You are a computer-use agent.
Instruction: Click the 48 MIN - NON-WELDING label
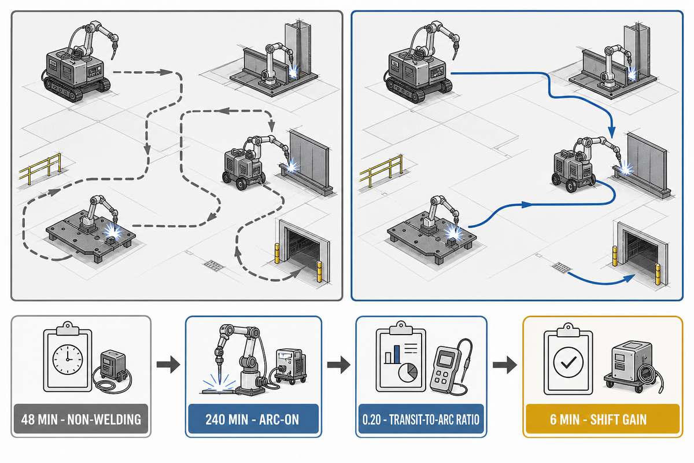pyautogui.click(x=81, y=420)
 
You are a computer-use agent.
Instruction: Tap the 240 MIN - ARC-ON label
pyautogui.click(x=252, y=420)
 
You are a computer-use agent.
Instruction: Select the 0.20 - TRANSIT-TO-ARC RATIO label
pyautogui.click(x=421, y=420)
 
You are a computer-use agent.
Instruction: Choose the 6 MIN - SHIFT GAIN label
pyautogui.click(x=598, y=420)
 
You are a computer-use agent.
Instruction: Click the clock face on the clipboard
pyautogui.click(x=68, y=359)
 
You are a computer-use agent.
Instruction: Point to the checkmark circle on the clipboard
pyautogui.click(x=568, y=362)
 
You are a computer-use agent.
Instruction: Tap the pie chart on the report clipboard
pyautogui.click(x=408, y=373)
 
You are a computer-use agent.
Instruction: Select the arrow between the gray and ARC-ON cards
pyautogui.click(x=168, y=364)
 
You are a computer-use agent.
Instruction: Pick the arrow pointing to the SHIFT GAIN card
pyautogui.click(x=505, y=364)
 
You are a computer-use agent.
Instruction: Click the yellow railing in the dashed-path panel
pyautogui.click(x=40, y=169)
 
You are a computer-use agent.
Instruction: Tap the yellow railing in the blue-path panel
pyautogui.click(x=381, y=171)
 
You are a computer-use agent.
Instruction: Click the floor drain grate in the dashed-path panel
pyautogui.click(x=213, y=265)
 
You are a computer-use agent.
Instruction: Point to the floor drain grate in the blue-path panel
pyautogui.click(x=562, y=267)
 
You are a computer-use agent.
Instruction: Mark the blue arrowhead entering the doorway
pyautogui.click(x=629, y=278)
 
